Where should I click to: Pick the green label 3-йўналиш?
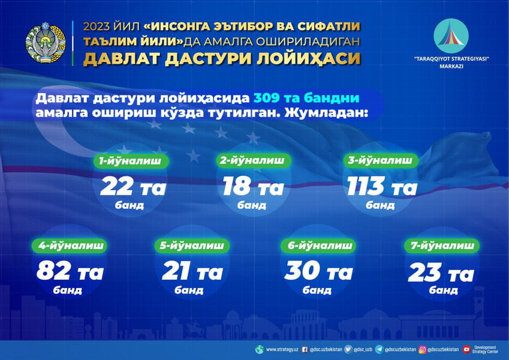pos(380,160)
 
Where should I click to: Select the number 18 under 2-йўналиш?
pos(237,187)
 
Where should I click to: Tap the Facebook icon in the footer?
pos(305,349)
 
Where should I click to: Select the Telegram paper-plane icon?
pos(380,349)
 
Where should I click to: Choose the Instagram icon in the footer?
pos(423,349)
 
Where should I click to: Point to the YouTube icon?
pos(466,349)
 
